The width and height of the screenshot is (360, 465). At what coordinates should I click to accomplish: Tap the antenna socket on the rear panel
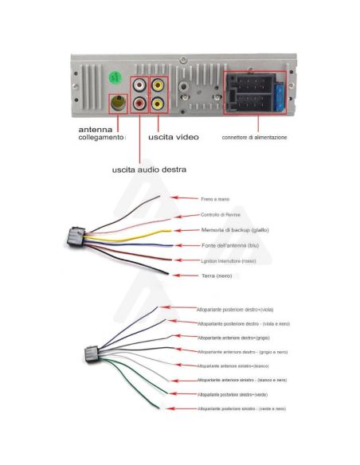point(118,103)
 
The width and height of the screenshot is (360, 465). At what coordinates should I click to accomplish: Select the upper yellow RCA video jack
point(158,84)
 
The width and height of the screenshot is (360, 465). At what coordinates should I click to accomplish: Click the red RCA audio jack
point(139,103)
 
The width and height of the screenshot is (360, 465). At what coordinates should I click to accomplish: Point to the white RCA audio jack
point(139,84)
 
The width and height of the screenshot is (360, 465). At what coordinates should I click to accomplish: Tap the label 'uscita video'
point(173,137)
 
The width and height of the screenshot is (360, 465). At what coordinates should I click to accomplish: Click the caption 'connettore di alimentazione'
point(254,137)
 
